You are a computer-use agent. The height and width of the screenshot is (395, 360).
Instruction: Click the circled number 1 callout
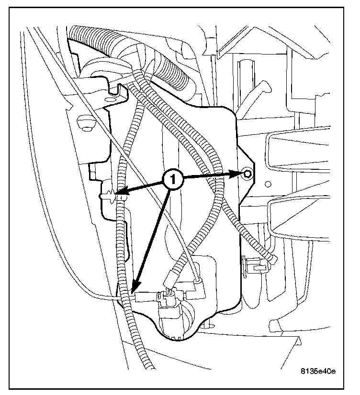coord(172,180)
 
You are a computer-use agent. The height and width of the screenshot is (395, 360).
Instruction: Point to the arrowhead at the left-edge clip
coord(120,195)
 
